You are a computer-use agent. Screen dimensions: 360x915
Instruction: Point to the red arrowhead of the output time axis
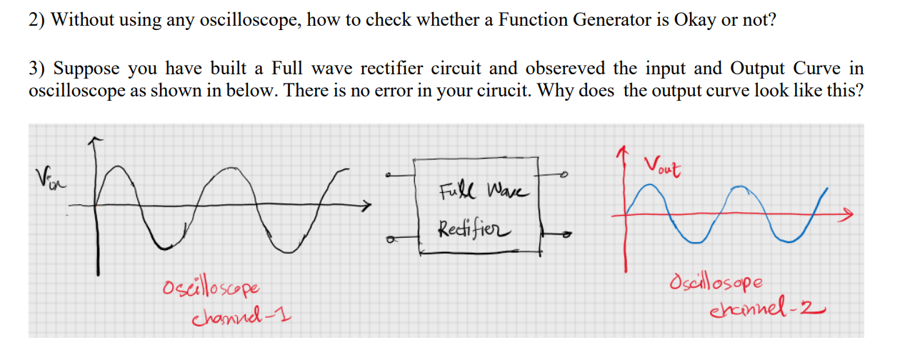(x=848, y=213)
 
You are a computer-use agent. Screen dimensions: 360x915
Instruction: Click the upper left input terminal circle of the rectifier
(x=388, y=175)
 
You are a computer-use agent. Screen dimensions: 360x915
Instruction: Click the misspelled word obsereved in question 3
(x=564, y=69)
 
